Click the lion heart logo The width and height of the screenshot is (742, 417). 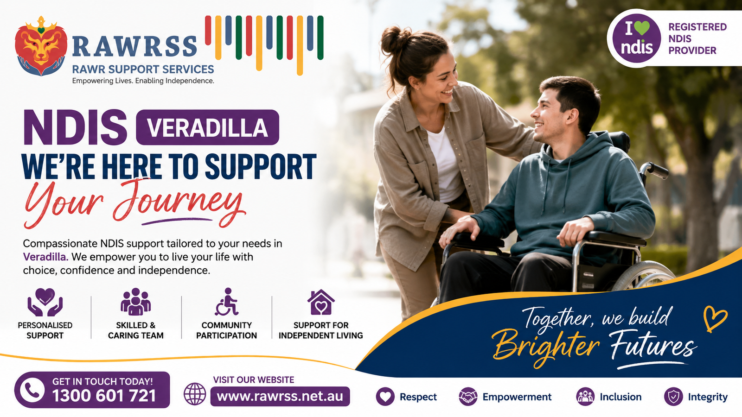[x=41, y=46]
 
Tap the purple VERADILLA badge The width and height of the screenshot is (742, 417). [x=208, y=127]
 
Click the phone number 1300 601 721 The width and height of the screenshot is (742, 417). [x=104, y=396]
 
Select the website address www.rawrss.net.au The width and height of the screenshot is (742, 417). [x=280, y=397]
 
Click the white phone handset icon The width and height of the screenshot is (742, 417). [x=32, y=390]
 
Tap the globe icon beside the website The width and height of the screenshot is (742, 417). [x=195, y=394]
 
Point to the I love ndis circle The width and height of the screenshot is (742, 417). [x=636, y=38]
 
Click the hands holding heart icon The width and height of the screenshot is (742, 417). [x=45, y=302]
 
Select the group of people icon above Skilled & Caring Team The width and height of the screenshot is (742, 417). [x=135, y=301]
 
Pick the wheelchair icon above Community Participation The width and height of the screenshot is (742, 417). [x=227, y=302]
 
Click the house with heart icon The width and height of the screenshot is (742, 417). [x=320, y=302]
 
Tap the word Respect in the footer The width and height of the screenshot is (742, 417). [x=418, y=397]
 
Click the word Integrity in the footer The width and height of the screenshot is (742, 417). [x=708, y=397]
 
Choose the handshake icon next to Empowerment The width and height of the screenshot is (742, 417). [x=468, y=397]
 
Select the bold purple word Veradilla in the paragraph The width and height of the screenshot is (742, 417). [x=46, y=257]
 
